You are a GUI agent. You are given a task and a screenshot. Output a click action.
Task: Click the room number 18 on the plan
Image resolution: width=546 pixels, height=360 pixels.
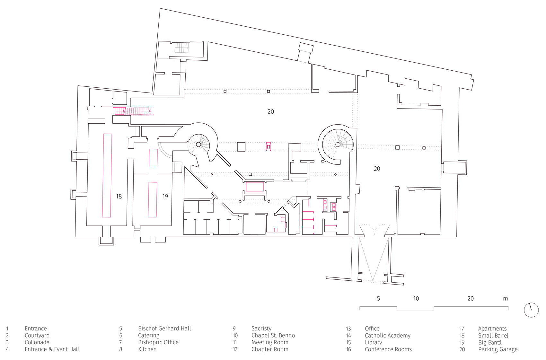pos(119,197)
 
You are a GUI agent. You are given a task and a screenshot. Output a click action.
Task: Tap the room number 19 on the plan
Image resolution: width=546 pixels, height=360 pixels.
pos(165,197)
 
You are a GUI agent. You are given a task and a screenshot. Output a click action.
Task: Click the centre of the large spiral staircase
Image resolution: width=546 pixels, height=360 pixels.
pos(338,145)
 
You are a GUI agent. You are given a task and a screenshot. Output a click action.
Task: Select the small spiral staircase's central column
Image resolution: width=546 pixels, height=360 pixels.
pos(198,145)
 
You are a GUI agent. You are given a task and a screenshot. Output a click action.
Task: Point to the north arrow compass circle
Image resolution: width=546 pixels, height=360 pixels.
pos(531,310)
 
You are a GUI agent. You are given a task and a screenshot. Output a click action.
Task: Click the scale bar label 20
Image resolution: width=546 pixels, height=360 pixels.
pos(471,299)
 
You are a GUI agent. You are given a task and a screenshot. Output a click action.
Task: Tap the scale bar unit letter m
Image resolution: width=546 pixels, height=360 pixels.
pos(506,299)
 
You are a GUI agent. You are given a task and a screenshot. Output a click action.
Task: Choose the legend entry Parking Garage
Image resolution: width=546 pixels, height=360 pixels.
pos(498,349)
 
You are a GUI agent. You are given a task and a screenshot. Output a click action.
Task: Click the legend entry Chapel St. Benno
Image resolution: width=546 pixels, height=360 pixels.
pos(273,336)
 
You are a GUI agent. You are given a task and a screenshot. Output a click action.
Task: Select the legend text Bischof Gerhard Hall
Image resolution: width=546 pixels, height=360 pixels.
pos(164,329)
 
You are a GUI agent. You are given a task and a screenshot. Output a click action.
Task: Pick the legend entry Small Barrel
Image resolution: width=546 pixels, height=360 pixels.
pos(493,336)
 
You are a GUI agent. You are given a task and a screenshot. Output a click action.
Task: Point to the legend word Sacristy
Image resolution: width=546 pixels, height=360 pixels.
pos(261,329)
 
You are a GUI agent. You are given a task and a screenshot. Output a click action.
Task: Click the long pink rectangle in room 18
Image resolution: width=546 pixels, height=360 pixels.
pos(107,175)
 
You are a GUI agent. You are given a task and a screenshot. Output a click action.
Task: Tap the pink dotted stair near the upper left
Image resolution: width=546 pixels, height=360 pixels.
pos(138,111)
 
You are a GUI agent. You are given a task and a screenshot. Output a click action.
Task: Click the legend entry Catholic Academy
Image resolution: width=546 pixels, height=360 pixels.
pos(388,336)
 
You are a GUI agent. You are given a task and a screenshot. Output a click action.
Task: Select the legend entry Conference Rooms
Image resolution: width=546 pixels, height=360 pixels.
pos(388,349)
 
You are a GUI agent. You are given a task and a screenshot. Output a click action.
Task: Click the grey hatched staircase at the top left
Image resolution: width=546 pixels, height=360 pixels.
pos(182,48)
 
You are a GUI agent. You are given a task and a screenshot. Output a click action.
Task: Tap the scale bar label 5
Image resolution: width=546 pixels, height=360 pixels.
pos(378,299)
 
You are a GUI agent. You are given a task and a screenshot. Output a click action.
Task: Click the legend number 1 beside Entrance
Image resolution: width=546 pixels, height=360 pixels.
pos(7,329)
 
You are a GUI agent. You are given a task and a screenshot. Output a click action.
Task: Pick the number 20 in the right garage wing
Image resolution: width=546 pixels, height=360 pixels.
pos(377,169)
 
